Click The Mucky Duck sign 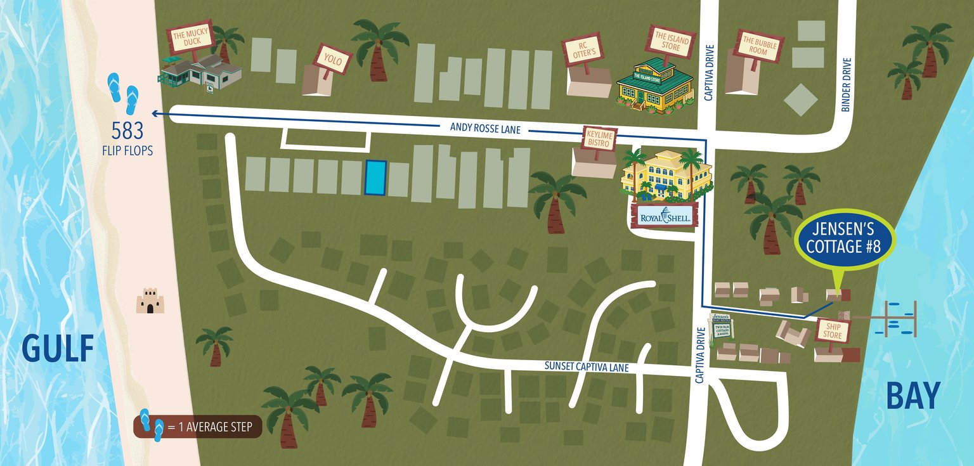click(188, 39)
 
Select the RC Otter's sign click(580, 50)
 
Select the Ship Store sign click(833, 330)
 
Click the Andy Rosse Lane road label click(485, 128)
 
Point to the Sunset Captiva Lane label click(587, 366)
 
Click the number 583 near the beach click(127, 131)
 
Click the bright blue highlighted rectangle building click(375, 178)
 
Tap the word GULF click(58, 348)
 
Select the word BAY click(912, 396)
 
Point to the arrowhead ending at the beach click(155, 114)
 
